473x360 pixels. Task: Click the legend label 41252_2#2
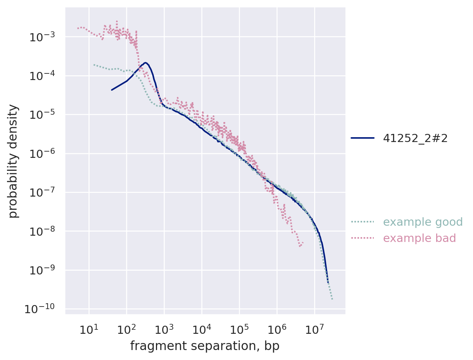coord(415,138)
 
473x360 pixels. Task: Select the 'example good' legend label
coord(422,222)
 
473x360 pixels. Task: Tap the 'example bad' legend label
coord(419,238)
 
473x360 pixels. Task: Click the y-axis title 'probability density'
coord(13,161)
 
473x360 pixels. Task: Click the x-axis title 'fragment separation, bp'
coord(205,346)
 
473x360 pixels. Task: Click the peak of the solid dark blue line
coord(145,63)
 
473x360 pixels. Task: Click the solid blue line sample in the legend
coord(362,138)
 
